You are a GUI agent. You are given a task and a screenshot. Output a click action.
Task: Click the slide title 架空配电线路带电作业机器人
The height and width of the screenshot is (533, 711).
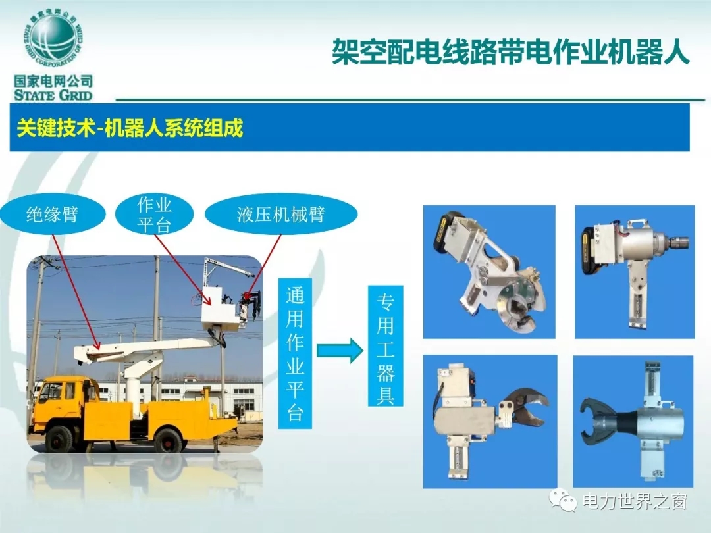[511, 52]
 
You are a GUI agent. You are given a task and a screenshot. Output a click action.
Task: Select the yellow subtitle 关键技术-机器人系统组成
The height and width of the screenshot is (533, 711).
[130, 128]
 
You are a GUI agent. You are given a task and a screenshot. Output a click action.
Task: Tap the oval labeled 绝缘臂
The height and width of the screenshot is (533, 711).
[53, 214]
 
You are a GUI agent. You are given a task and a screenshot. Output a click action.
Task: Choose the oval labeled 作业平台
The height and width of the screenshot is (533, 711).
[154, 215]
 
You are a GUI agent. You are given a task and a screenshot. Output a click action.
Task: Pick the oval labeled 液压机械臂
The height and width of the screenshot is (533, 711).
[281, 214]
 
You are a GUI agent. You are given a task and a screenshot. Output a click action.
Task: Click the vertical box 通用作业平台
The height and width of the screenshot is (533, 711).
[295, 353]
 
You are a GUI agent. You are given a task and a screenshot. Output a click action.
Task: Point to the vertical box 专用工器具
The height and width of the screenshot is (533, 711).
[385, 345]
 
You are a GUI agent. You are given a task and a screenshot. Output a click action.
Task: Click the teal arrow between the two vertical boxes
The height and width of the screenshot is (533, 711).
[340, 350]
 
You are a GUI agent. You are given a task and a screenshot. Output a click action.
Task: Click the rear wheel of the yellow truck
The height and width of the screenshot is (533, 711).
[167, 438]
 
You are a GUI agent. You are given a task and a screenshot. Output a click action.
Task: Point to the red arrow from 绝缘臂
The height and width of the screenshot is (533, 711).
[76, 292]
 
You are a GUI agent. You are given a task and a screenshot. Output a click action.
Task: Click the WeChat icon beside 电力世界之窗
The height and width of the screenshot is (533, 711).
[563, 499]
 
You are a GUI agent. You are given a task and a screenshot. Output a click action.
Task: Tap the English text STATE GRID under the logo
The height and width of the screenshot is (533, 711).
[53, 95]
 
